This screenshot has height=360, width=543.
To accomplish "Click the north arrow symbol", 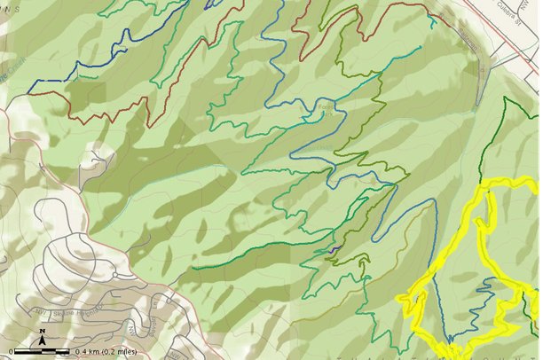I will click(x=42, y=337).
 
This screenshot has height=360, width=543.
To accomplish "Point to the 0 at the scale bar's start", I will click(x=11, y=352).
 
